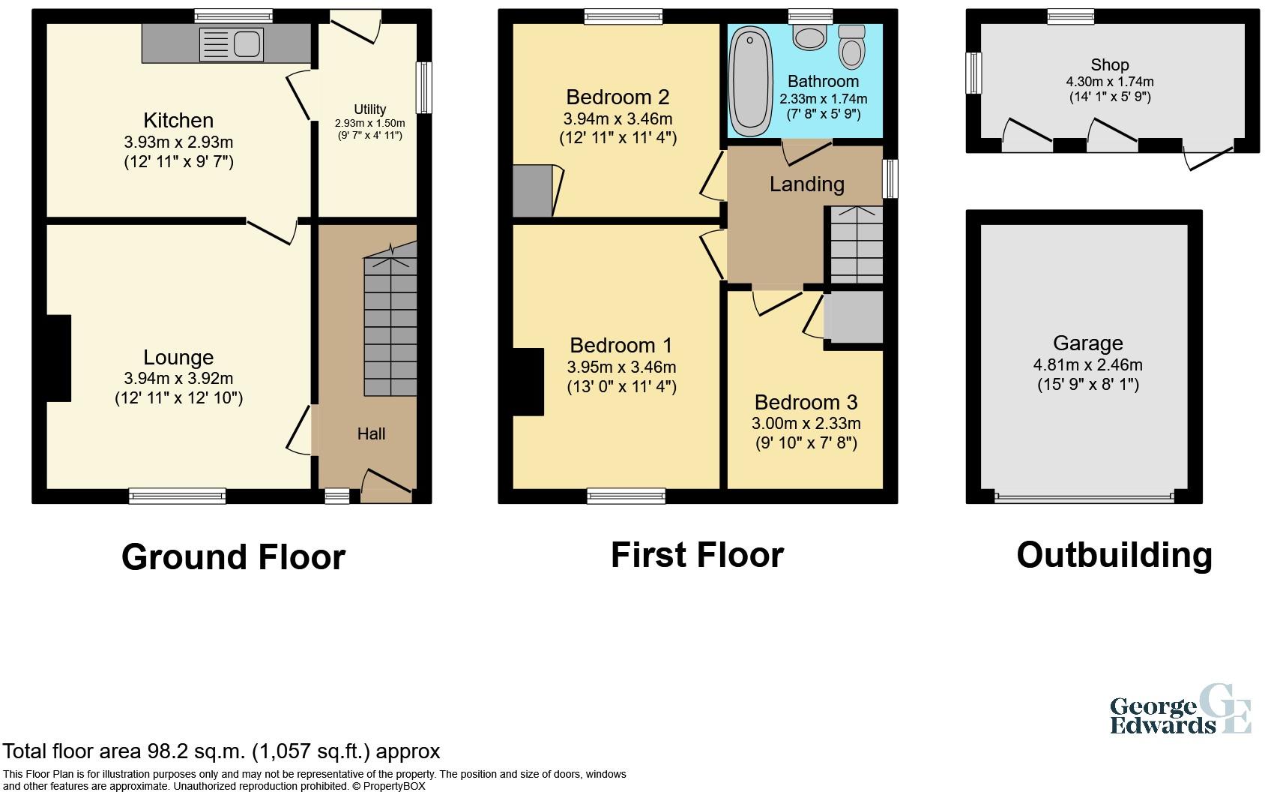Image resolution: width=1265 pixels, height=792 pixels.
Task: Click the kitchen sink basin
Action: click(x=247, y=44)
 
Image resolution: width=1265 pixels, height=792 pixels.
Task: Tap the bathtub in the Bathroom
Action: click(x=750, y=81)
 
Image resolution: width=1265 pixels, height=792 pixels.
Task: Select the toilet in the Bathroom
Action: click(x=851, y=47)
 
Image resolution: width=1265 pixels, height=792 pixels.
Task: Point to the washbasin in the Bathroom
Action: click(x=810, y=37)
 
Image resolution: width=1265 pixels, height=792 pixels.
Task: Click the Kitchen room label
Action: click(x=178, y=121)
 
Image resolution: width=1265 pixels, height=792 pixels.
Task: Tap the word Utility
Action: click(x=370, y=109)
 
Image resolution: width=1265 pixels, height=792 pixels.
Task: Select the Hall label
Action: click(x=371, y=433)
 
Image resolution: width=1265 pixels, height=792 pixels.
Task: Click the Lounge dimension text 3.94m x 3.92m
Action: click(x=178, y=378)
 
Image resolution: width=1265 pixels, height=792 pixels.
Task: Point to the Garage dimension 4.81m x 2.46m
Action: click(x=1087, y=364)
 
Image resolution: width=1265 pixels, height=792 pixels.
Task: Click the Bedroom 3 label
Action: click(x=806, y=403)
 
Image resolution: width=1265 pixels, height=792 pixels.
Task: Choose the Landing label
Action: click(x=806, y=184)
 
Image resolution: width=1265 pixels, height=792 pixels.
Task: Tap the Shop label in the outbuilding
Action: click(x=1110, y=65)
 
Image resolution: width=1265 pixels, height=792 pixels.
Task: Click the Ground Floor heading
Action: click(x=233, y=556)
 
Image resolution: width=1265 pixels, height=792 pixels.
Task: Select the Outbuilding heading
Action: click(x=1114, y=555)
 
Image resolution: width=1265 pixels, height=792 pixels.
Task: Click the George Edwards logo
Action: click(x=1180, y=717)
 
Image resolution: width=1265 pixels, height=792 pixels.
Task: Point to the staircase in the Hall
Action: click(x=390, y=319)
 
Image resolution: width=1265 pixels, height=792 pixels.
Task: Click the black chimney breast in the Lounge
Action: click(x=58, y=358)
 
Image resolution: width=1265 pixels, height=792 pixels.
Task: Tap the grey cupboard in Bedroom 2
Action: click(x=532, y=190)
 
